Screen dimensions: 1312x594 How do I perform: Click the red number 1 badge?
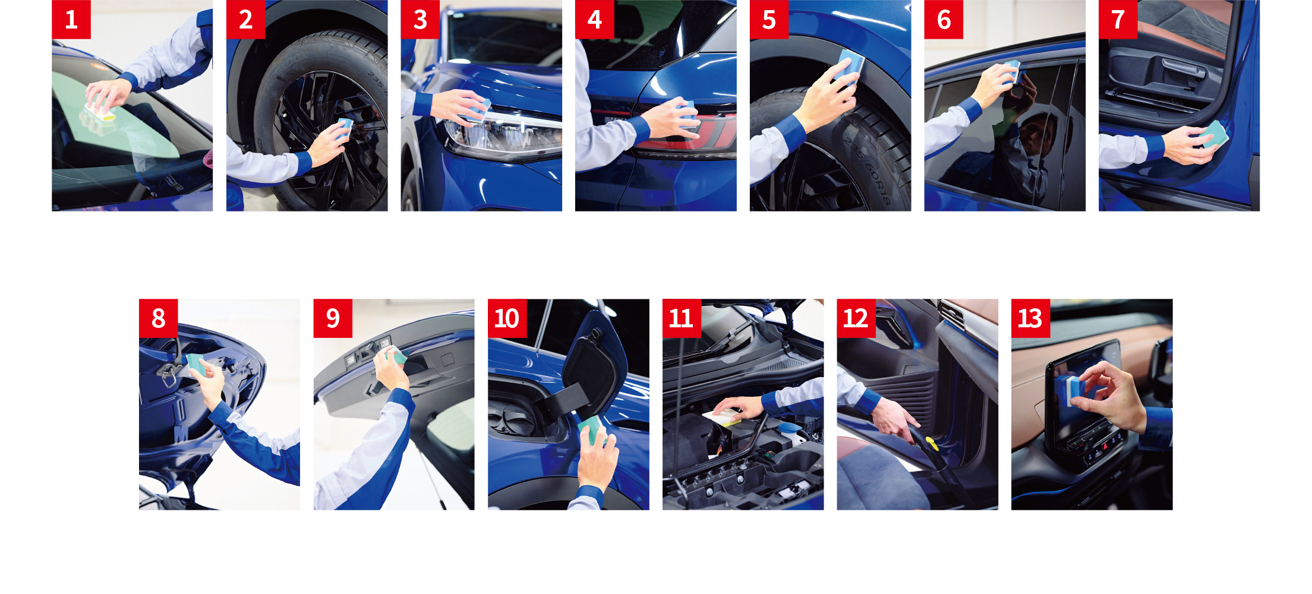click(x=71, y=20)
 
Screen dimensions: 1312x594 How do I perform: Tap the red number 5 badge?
click(x=769, y=20)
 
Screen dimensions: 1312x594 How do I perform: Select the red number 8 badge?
click(x=158, y=318)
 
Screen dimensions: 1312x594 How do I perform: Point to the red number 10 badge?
click(x=507, y=318)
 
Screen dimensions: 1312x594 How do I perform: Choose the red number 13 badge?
click(x=1030, y=318)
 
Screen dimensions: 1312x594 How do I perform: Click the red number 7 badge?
click(x=1118, y=20)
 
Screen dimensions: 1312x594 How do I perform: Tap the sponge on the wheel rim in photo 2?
click(x=345, y=127)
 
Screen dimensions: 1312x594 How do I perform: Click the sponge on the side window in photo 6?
click(x=1013, y=71)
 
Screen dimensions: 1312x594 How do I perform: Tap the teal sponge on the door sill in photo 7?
click(x=1215, y=134)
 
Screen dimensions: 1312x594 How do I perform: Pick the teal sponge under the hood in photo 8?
click(x=197, y=365)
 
